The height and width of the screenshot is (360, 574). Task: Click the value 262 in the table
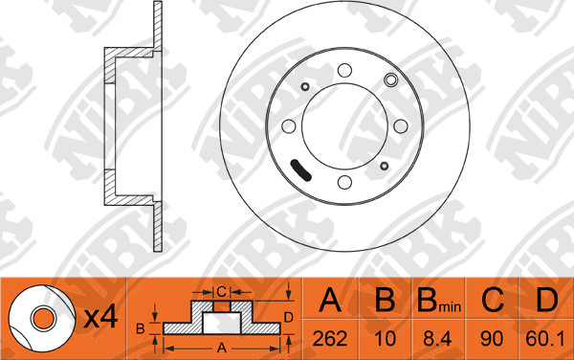[x=330, y=339]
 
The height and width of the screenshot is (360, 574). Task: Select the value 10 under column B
[x=386, y=339]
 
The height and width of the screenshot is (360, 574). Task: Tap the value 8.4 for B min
[x=437, y=339]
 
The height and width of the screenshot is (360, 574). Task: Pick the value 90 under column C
[x=492, y=339]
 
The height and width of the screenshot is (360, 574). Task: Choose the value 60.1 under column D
[x=545, y=339]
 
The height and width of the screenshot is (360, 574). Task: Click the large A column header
[x=330, y=300]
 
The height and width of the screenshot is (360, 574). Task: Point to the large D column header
[x=546, y=300]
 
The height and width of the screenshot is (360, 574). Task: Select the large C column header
[x=493, y=300]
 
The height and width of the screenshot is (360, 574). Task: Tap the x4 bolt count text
[x=100, y=317]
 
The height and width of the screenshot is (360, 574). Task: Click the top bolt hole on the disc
[x=344, y=70]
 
